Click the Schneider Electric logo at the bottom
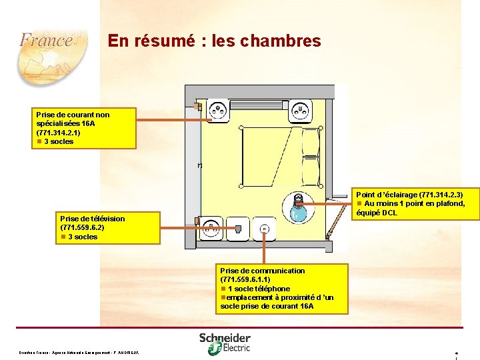click(225, 342)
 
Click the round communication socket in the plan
click(265, 229)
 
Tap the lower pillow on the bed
click(311, 167)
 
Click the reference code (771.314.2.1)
click(59, 133)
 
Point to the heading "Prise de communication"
click(263, 271)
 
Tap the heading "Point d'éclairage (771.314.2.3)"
click(409, 195)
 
